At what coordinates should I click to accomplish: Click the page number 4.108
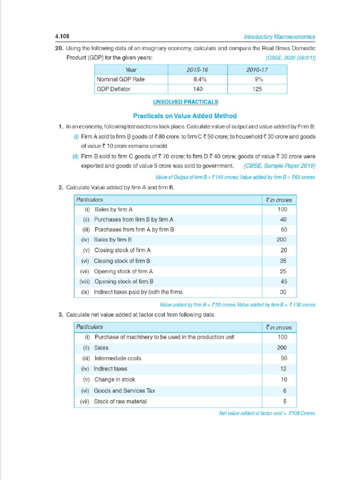[62, 37]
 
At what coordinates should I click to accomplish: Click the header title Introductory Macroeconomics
[279, 37]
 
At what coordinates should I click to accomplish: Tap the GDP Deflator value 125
[257, 89]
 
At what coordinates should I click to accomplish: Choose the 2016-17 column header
[257, 69]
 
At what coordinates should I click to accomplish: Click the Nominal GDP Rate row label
[120, 79]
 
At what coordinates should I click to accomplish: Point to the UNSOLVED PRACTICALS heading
[185, 102]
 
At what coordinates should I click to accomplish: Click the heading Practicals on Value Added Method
[185, 116]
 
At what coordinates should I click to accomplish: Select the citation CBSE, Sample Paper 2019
[280, 166]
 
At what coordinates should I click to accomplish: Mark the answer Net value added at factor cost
[267, 413]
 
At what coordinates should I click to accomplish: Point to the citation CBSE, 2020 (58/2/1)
[290, 58]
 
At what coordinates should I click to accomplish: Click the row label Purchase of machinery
[164, 337]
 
